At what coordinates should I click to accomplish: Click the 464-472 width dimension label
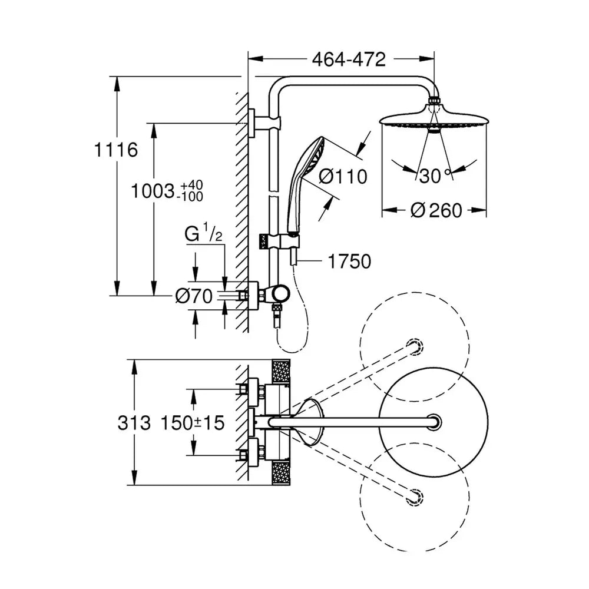[x=349, y=59]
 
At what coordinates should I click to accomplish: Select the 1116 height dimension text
[x=115, y=150]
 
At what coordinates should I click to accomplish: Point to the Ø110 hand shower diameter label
[x=343, y=176]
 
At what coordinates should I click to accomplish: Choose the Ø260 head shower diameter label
[x=436, y=210]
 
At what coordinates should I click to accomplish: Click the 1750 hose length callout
[x=349, y=262]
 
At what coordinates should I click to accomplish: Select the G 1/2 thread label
[x=203, y=233]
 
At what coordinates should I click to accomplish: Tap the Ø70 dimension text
[x=194, y=296]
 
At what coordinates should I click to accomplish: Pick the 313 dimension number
[x=134, y=423]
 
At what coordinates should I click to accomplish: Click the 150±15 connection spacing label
[x=193, y=423]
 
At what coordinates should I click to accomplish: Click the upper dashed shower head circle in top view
[x=414, y=346]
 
